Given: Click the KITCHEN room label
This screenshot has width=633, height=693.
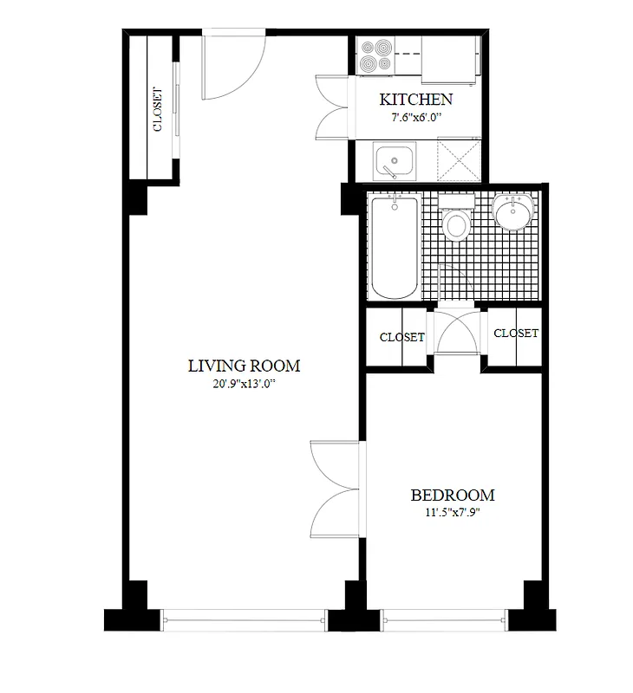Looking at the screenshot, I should tap(416, 99).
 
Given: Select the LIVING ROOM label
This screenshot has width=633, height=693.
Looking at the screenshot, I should tap(244, 366).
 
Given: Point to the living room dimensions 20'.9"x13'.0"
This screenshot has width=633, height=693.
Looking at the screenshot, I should tap(244, 383).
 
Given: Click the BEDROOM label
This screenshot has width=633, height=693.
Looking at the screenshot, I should tap(452, 495).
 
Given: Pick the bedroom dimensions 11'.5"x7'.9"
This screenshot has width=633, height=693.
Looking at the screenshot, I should tap(452, 512).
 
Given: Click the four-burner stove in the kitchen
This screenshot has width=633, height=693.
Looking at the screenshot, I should tap(377, 56).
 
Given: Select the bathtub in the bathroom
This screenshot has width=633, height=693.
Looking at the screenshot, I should tap(395, 247).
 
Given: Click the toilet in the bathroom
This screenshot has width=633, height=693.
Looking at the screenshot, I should tap(455, 223).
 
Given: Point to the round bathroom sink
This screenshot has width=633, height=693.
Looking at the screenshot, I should tap(514, 212).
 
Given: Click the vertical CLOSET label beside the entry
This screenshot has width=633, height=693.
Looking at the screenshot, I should tap(157, 109).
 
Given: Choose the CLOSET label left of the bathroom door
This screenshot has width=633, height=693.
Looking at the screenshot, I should tap(402, 337).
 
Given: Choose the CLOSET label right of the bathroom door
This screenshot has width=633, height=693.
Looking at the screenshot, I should tap(515, 333).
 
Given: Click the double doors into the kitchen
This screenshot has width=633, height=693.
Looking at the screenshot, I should tap(333, 108).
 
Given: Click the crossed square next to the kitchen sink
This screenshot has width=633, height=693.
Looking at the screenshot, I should tap(459, 162).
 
